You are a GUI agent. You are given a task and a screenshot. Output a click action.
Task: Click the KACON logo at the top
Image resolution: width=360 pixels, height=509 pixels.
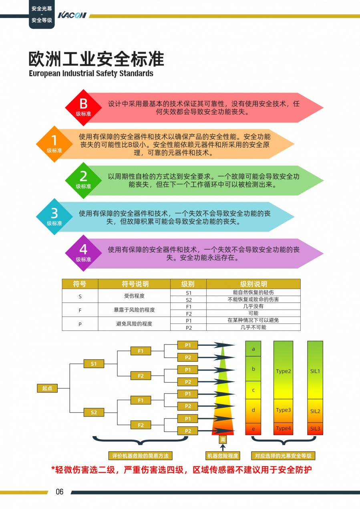tap(72, 15)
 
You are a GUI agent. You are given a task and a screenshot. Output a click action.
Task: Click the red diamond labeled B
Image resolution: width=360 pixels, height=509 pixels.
tap(83, 107)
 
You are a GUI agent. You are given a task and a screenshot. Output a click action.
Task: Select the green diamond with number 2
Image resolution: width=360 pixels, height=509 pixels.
tap(83, 180)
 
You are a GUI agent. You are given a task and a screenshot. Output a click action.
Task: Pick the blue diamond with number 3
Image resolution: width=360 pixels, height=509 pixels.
tap(54, 216)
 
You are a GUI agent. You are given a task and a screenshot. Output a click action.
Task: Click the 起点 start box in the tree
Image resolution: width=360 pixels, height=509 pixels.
tap(47, 388)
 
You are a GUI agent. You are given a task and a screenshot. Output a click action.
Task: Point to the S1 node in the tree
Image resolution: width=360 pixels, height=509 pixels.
tap(94, 364)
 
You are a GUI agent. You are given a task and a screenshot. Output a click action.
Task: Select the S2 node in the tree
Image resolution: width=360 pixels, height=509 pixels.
tap(94, 412)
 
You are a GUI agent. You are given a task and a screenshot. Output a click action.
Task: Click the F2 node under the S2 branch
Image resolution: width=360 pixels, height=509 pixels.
tap(141, 425)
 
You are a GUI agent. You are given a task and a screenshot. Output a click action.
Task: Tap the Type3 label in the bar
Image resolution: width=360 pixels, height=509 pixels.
tap(283, 410)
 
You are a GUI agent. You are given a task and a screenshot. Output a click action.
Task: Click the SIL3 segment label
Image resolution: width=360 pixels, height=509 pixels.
tap(315, 429)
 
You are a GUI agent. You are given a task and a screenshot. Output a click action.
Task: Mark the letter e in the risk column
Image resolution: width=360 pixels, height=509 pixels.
tap(253, 429)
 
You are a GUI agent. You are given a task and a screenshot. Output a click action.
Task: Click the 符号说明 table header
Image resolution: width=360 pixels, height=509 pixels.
tap(135, 284)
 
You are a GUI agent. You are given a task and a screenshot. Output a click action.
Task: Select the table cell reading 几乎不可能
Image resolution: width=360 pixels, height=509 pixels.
tap(253, 327)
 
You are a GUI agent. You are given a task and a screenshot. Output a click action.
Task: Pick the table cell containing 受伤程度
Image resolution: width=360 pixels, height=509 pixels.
tap(135, 296)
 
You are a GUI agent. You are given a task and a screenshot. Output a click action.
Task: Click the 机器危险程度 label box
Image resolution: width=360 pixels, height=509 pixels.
tap(223, 456)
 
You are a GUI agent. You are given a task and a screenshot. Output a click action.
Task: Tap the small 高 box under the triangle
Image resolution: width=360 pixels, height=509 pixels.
tap(223, 440)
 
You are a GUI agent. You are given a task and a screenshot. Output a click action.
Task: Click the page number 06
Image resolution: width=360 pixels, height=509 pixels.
tap(60, 492)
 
